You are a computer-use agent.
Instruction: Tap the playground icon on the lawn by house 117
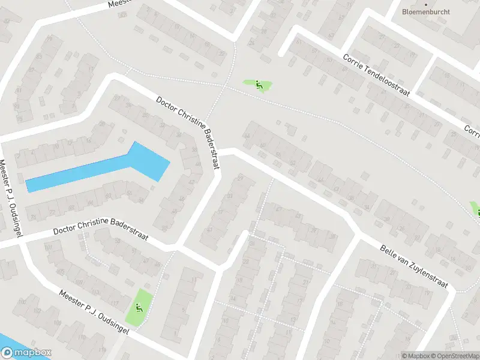(139, 308)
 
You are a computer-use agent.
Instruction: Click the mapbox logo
(26, 353)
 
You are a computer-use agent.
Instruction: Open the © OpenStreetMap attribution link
(455, 355)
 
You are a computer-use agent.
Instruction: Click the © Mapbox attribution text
(415, 355)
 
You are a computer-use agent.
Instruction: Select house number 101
(49, 247)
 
